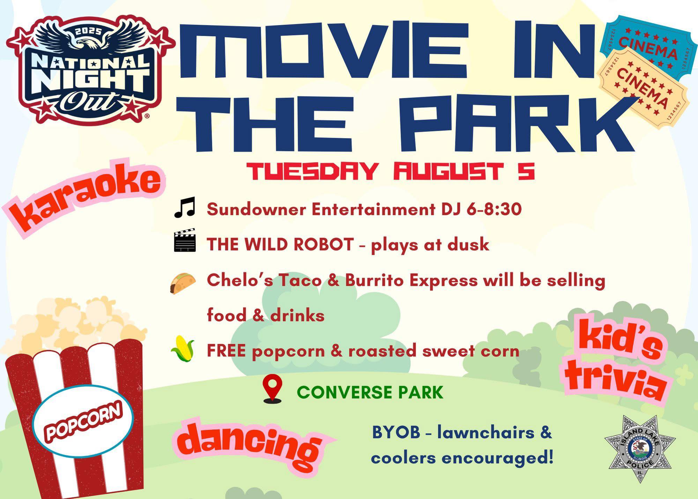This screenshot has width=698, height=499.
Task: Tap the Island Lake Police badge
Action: (640, 449)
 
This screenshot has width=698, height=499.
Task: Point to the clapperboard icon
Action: (185, 240)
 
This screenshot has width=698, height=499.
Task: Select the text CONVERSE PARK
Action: (370, 392)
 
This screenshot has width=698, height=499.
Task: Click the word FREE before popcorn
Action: (226, 350)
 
